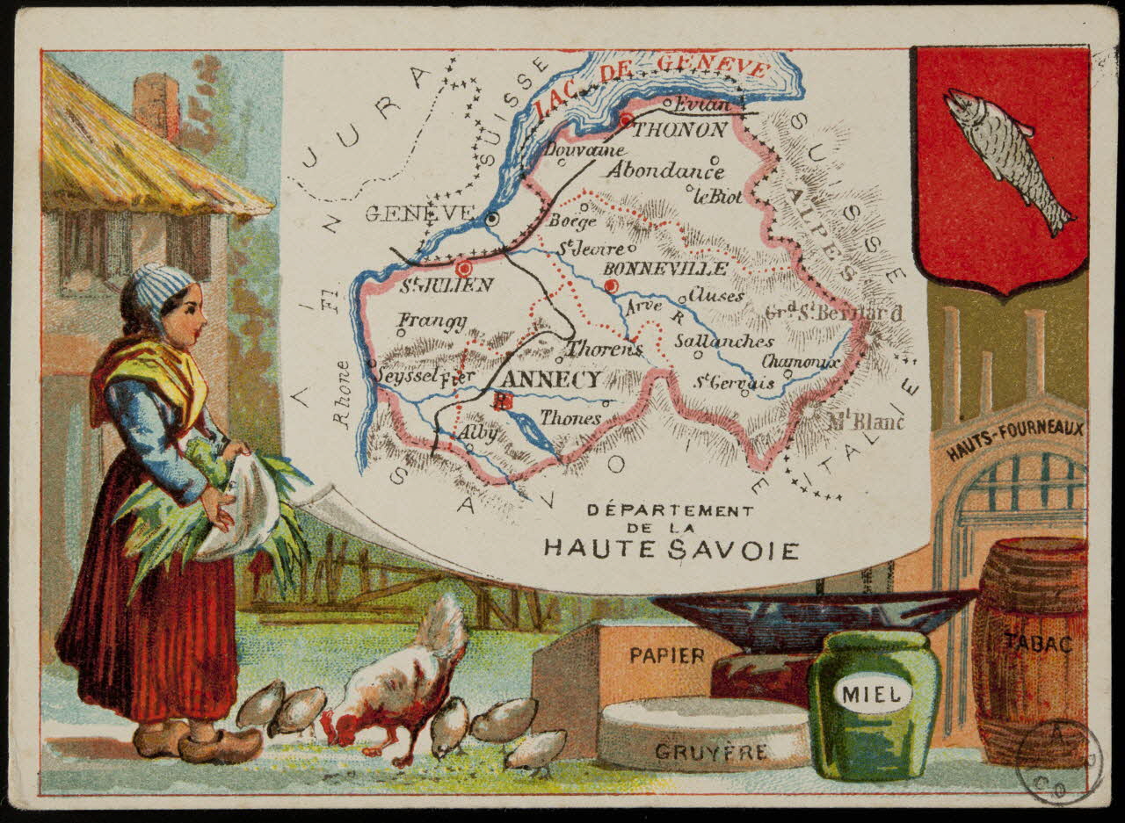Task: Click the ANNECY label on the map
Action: (x=555, y=379)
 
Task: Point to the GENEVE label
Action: (x=419, y=213)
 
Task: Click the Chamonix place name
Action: (x=801, y=362)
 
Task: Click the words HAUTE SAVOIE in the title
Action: (x=671, y=550)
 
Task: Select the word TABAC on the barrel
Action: (x=1039, y=644)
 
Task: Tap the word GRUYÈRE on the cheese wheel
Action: (x=711, y=752)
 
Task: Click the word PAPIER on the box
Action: (x=667, y=655)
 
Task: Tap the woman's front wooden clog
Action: (x=220, y=747)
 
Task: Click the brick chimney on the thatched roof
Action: (x=157, y=104)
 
